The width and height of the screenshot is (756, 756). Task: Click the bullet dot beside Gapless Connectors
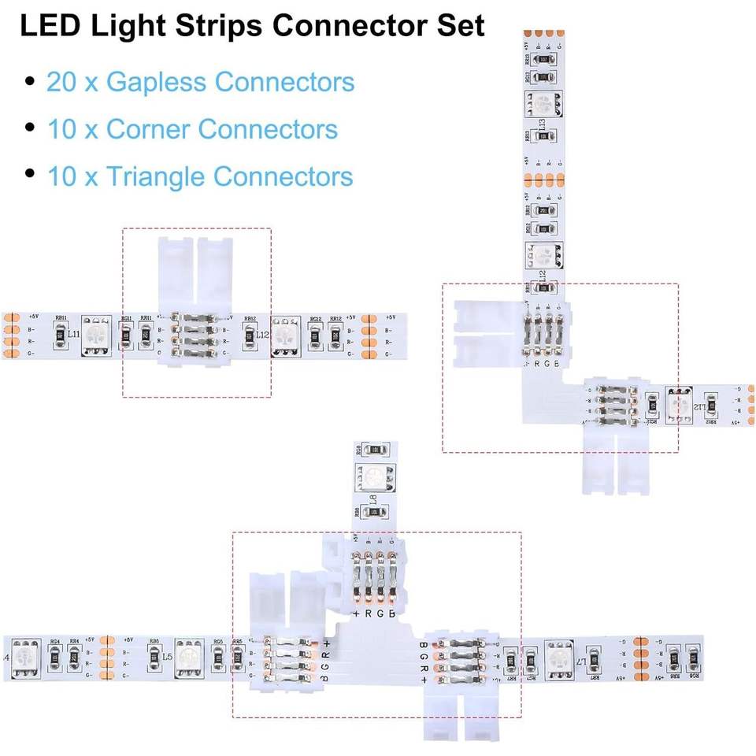tap(30, 81)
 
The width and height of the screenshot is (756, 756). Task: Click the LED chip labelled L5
tap(187, 656)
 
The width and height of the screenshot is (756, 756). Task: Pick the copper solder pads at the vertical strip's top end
tap(543, 35)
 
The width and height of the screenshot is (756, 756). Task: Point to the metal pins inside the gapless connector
tap(195, 335)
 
